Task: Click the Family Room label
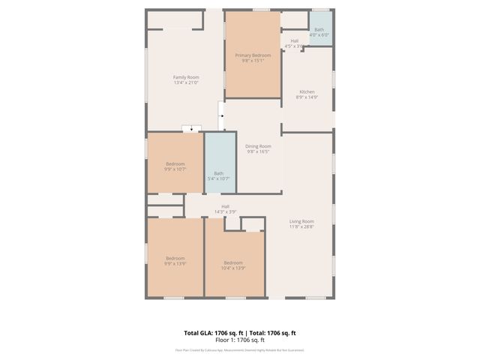[186, 77]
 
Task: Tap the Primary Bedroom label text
[253, 55]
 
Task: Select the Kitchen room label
[307, 91]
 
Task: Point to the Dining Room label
[258, 145]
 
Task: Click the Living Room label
[301, 221]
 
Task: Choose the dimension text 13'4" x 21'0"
[186, 83]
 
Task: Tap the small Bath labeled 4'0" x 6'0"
[320, 31]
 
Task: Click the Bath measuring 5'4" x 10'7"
[218, 176]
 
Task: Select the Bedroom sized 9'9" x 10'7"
[175, 166]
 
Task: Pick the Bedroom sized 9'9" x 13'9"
[175, 260]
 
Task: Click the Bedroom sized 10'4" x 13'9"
[233, 265]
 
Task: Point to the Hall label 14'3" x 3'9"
[225, 209]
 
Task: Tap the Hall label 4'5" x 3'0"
[294, 43]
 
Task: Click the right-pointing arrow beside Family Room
[222, 116]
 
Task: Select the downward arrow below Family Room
[193, 129]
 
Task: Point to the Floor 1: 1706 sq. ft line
[240, 340]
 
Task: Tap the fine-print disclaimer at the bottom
[240, 350]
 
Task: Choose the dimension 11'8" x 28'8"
[301, 227]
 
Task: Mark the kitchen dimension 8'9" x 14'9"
[307, 97]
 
